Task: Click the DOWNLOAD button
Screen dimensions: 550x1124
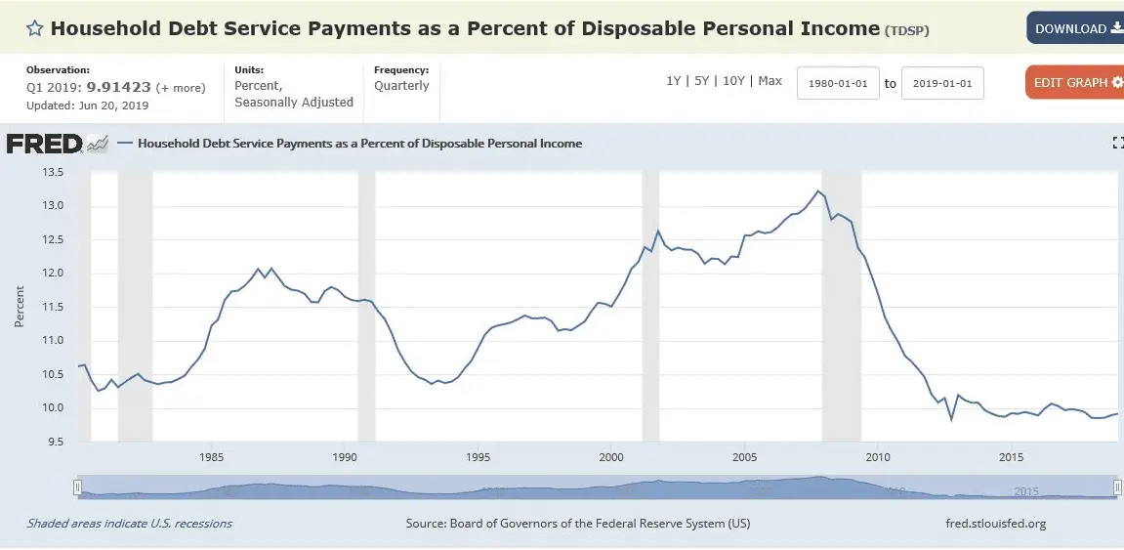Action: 1075,28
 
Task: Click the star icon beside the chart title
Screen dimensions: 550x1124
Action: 34,28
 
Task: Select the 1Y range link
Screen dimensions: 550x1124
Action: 673,81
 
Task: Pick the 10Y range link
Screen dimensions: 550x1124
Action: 732,81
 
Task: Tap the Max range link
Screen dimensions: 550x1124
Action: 770,81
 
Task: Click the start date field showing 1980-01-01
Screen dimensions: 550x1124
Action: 838,83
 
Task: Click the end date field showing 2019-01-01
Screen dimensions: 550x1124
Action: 942,83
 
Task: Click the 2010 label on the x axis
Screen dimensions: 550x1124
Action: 877,457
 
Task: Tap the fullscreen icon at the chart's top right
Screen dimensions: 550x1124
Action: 1118,143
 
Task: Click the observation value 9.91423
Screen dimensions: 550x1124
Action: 118,87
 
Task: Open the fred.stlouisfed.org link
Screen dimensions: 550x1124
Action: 995,524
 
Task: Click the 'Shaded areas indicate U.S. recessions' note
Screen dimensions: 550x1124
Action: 129,524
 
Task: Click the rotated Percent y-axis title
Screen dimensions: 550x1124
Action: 19,307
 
